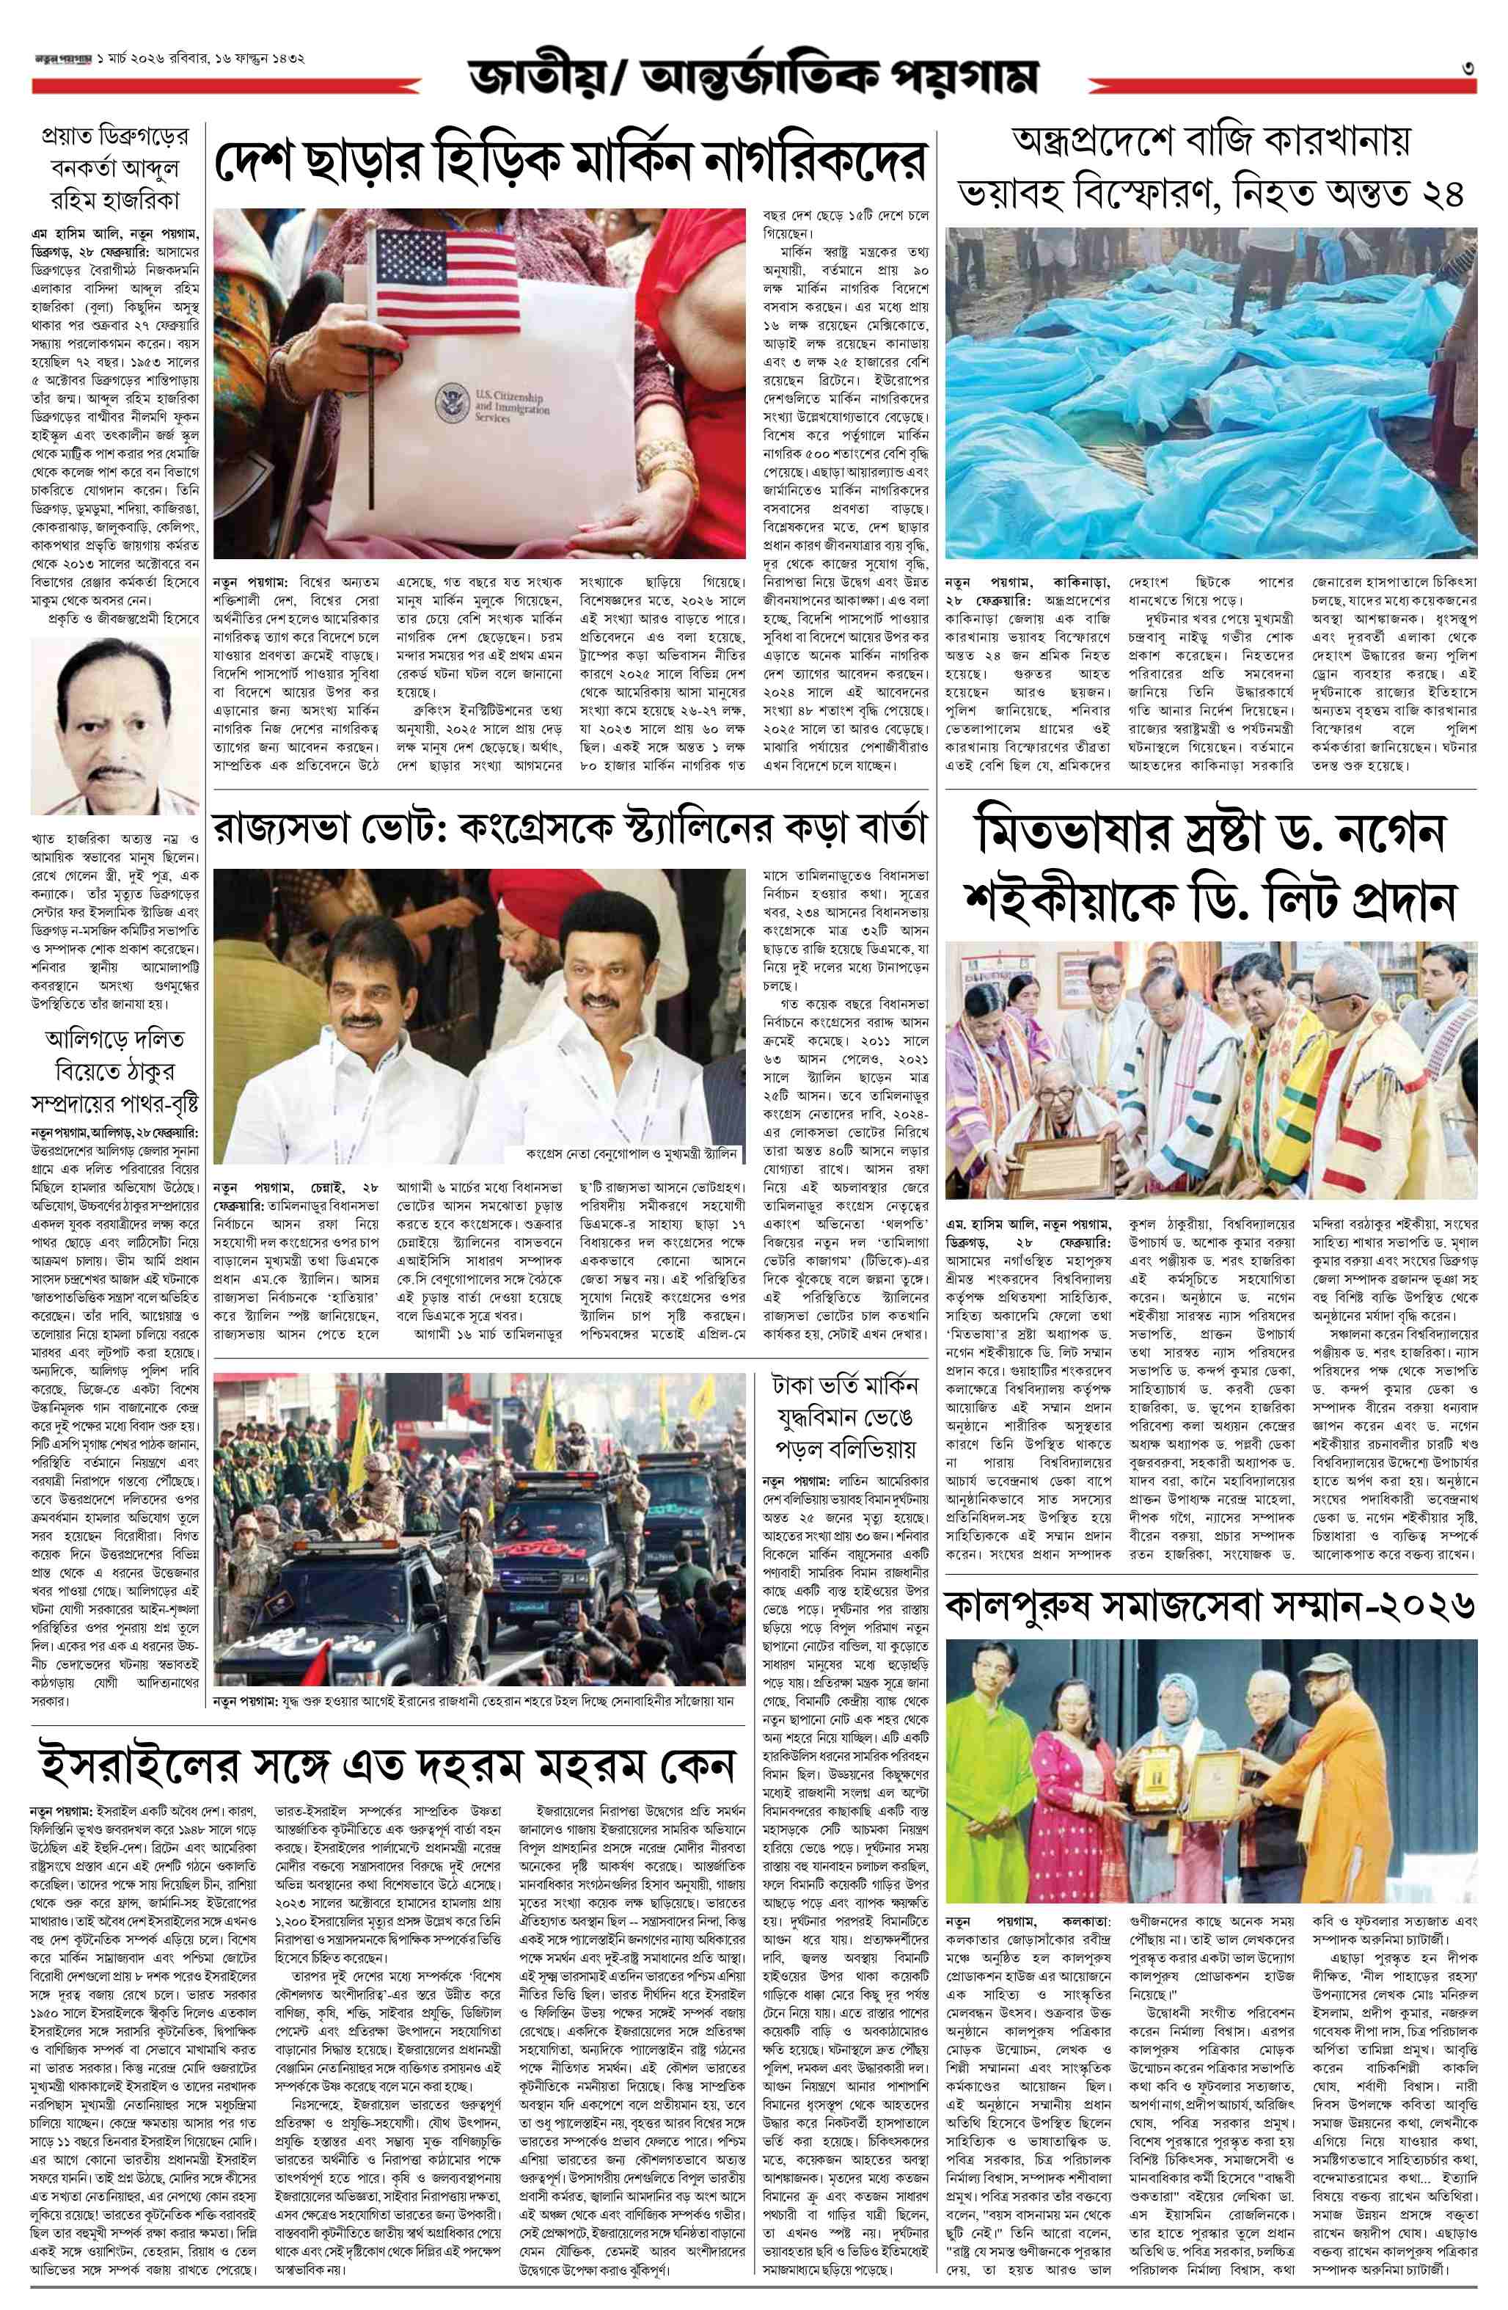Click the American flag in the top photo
pos(448,282)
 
